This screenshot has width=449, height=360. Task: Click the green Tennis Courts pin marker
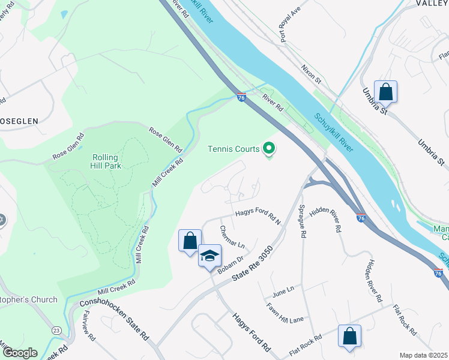pyautogui.click(x=269, y=148)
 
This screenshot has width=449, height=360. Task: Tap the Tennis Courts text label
pyautogui.click(x=234, y=149)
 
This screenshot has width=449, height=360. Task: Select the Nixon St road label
pyautogui.click(x=312, y=74)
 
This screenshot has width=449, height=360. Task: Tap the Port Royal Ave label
pyautogui.click(x=289, y=26)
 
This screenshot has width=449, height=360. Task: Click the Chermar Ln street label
pyautogui.click(x=232, y=238)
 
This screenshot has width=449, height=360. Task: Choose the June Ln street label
pyautogui.click(x=283, y=289)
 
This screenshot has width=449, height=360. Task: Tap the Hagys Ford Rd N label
pyautogui.click(x=258, y=217)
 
